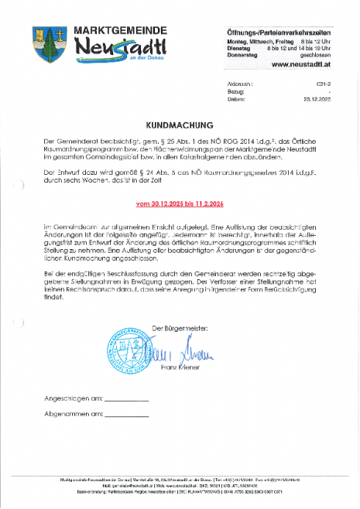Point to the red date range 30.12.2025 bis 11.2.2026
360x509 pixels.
click(179, 204)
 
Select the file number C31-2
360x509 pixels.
click(324, 81)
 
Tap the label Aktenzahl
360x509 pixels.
click(241, 81)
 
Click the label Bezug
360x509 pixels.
click(237, 91)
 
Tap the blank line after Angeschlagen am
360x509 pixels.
click(125, 400)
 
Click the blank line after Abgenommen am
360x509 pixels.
click(126, 415)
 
